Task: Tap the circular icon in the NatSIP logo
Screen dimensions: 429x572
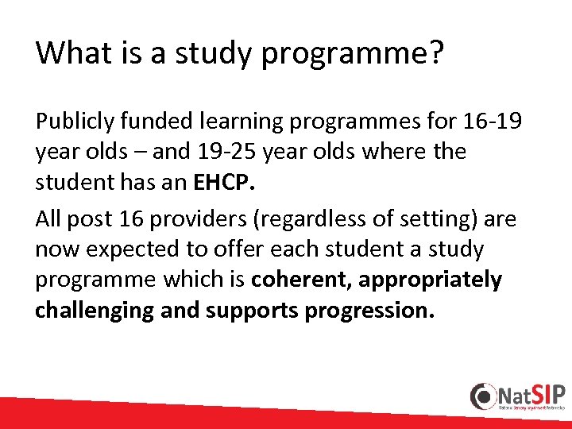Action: pos(483,396)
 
